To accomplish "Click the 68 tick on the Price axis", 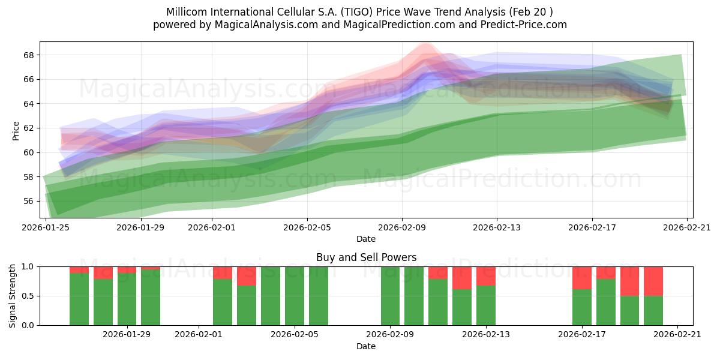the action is pyautogui.click(x=28, y=55).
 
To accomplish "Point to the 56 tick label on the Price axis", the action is pyautogui.click(x=28, y=201).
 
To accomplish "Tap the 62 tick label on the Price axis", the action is pyautogui.click(x=28, y=128).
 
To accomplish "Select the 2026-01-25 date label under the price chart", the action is pyautogui.click(x=46, y=227).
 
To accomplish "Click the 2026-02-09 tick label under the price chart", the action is pyautogui.click(x=402, y=227).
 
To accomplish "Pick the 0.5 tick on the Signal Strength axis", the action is pyautogui.click(x=28, y=296).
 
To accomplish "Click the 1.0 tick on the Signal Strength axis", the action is pyautogui.click(x=28, y=266).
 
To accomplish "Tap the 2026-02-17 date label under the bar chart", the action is pyautogui.click(x=582, y=335).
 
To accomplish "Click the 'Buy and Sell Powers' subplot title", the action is pyautogui.click(x=366, y=257).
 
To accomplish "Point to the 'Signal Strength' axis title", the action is pyautogui.click(x=12, y=296).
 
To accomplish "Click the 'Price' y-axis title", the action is pyautogui.click(x=16, y=131).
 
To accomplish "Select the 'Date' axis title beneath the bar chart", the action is pyautogui.click(x=366, y=346).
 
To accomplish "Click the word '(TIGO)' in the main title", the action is pyautogui.click(x=357, y=12).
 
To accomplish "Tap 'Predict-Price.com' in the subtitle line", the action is pyautogui.click(x=524, y=25).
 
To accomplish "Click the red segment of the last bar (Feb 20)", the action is pyautogui.click(x=653, y=281).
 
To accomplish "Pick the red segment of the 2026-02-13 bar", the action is pyautogui.click(x=485, y=276).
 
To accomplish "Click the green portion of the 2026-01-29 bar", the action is pyautogui.click(x=127, y=299).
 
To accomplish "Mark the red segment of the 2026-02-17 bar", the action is pyautogui.click(x=582, y=278).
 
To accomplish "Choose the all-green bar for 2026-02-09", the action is pyautogui.click(x=390, y=296).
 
